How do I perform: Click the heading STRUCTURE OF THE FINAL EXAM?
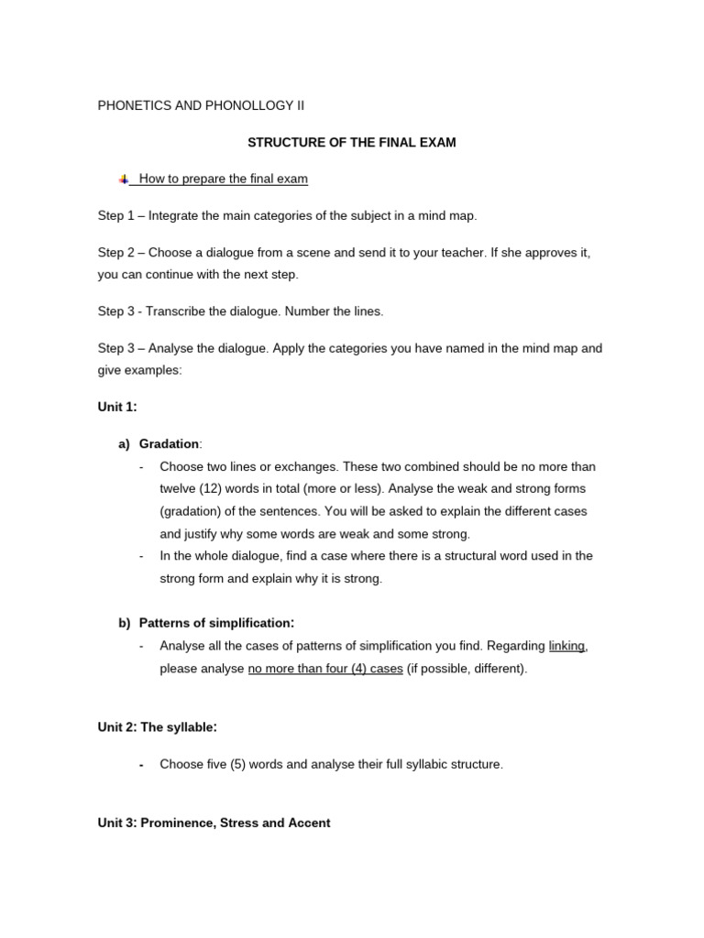(x=352, y=143)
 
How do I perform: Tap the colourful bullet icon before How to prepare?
(x=124, y=180)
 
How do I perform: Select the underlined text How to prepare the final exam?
(x=223, y=180)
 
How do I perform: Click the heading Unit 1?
(x=117, y=407)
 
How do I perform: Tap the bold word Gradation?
(x=169, y=444)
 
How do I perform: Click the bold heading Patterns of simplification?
(x=216, y=623)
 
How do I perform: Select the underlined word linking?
(x=566, y=646)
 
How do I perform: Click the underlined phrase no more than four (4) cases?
(x=325, y=669)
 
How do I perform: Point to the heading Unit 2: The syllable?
(x=158, y=727)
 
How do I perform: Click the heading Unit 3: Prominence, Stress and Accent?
(x=214, y=823)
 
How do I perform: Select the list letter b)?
(x=125, y=623)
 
